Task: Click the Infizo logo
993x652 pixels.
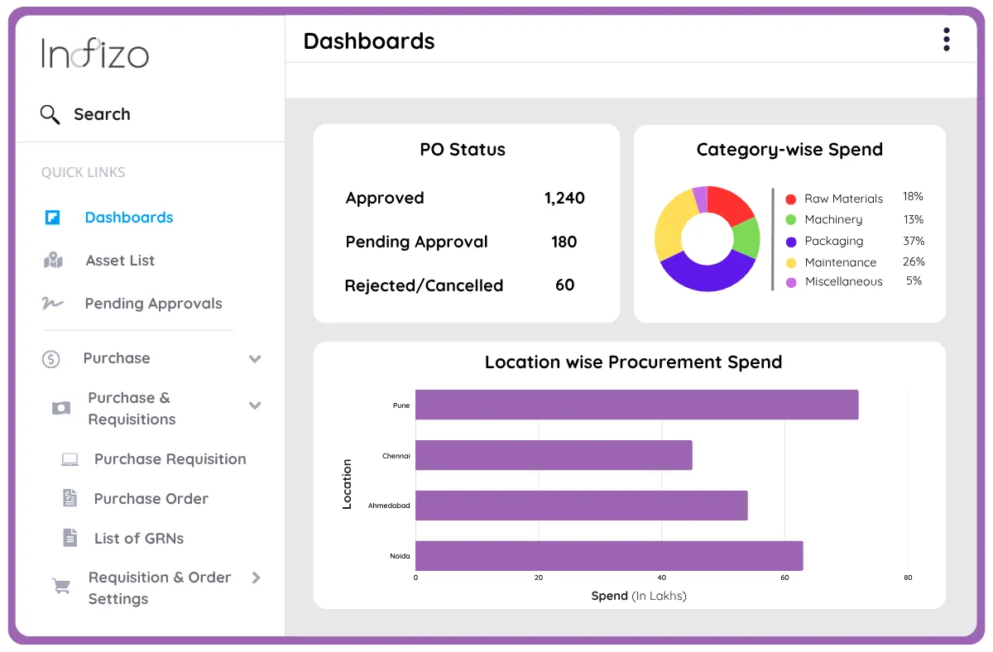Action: click(95, 55)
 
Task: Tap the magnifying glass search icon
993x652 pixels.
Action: click(50, 114)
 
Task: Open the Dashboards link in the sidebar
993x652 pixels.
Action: click(128, 218)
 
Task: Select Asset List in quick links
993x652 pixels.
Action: click(120, 261)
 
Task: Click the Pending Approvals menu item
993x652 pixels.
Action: click(153, 304)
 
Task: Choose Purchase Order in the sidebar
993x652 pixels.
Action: click(151, 499)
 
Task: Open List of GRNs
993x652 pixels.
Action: click(139, 539)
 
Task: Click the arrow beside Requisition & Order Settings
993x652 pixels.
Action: click(256, 578)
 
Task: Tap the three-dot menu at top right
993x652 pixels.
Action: click(946, 40)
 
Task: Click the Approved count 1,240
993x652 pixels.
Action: click(564, 199)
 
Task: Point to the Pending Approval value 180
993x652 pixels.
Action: click(564, 242)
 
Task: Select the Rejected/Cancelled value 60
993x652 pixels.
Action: click(564, 285)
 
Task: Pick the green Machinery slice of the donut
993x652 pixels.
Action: click(746, 237)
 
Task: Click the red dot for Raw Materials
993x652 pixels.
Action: click(790, 199)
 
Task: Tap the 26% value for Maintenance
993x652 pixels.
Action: click(914, 261)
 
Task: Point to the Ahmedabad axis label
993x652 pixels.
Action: click(389, 506)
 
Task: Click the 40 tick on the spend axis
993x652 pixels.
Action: click(661, 578)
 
